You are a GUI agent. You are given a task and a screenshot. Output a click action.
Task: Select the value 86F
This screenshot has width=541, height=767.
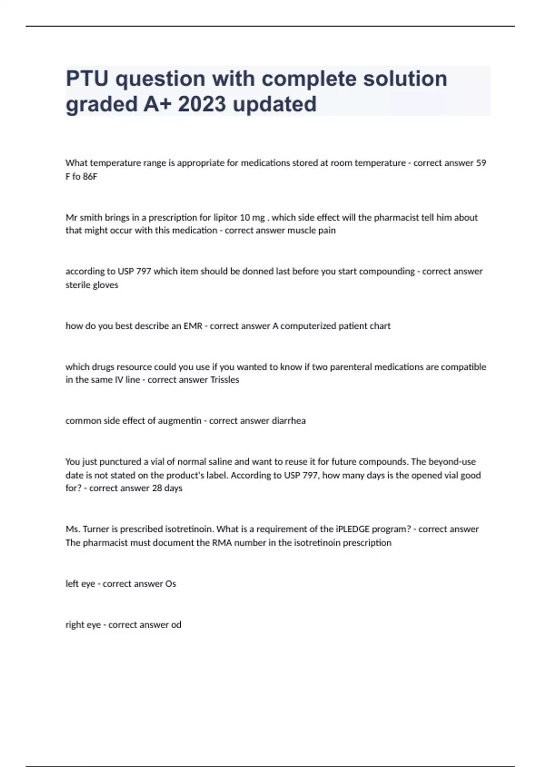[x=90, y=176]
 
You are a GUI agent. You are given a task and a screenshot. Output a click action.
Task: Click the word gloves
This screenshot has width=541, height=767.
[x=106, y=285]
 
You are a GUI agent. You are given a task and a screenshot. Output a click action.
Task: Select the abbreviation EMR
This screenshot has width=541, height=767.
[x=193, y=326]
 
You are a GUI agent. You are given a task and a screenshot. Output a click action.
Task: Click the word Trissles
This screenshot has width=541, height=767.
[x=225, y=380]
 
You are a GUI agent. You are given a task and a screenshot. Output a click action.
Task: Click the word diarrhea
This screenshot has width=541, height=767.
[x=289, y=421]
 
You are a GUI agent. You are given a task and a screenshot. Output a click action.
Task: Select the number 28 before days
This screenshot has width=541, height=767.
[x=157, y=488]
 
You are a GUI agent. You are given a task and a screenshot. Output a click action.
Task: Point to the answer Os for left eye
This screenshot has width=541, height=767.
[x=170, y=584]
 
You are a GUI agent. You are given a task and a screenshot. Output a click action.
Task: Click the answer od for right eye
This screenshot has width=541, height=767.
[x=176, y=625]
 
